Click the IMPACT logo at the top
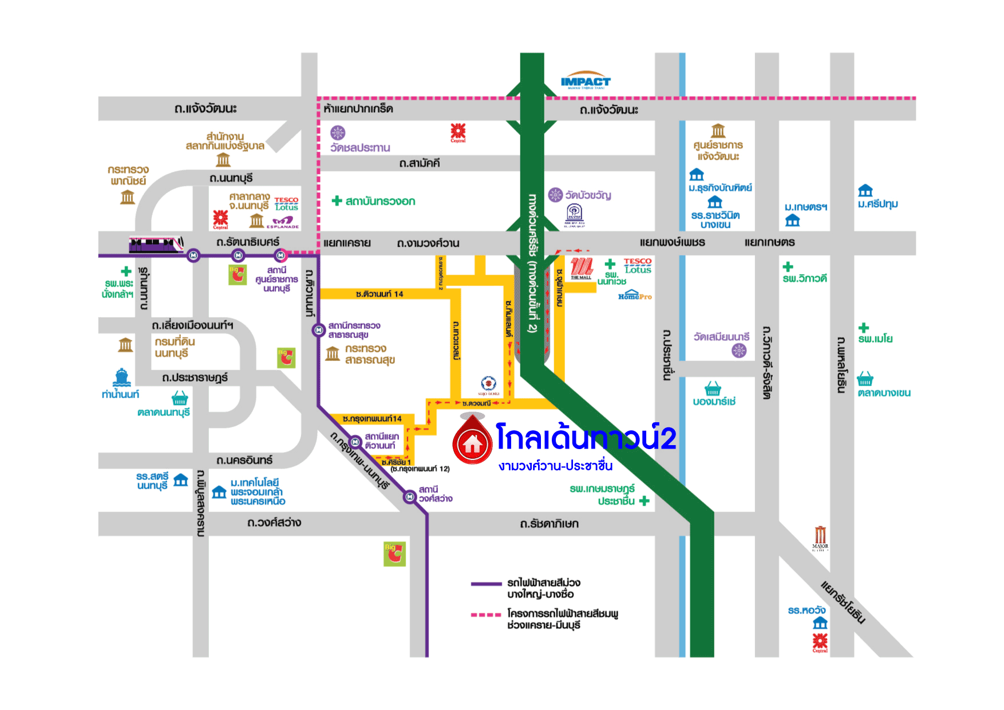(586, 82)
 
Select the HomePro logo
(634, 296)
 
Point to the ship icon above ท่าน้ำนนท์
(121, 378)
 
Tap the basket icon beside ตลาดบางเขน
(865, 379)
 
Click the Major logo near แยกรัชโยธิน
(820, 538)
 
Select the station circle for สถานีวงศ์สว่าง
(409, 497)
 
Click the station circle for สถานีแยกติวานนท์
(355, 442)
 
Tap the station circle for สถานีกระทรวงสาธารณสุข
(318, 330)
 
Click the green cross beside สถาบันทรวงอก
(337, 201)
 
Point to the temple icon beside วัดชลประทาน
(338, 133)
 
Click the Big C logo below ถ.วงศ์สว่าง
(394, 554)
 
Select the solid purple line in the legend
(486, 584)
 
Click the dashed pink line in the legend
(486, 614)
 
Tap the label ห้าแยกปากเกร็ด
(358, 109)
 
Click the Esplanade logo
(283, 223)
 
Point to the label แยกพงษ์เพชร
(672, 243)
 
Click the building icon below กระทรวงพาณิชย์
(127, 197)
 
